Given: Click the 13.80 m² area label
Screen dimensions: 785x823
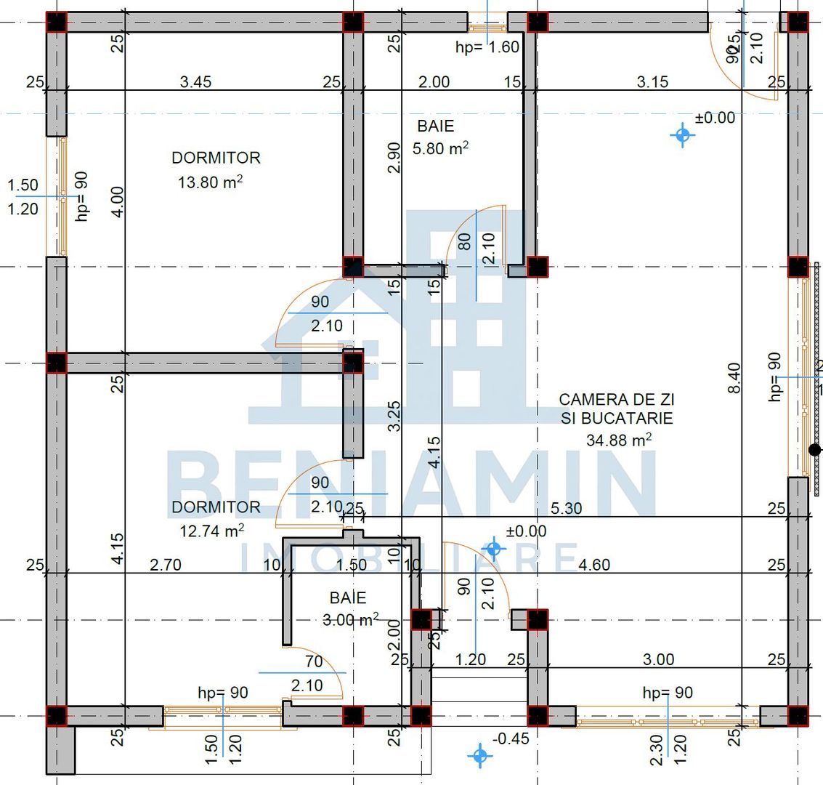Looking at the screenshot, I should click(210, 182).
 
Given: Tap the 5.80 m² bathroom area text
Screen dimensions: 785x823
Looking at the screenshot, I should click(440, 148).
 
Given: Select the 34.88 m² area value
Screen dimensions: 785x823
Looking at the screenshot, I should click(618, 440).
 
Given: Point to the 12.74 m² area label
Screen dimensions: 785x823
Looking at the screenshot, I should click(211, 531).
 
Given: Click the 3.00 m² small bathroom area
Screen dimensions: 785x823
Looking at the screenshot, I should click(350, 619).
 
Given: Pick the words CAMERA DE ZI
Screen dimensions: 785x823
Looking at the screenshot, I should click(617, 399).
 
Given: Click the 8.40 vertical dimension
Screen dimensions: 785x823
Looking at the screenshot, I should click(734, 378).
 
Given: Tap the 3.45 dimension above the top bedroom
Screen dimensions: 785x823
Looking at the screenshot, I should click(195, 81).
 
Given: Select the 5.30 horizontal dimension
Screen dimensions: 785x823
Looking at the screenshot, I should click(566, 508).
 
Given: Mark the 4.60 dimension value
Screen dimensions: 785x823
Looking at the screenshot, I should click(594, 564).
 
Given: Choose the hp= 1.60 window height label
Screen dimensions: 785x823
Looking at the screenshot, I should click(487, 47).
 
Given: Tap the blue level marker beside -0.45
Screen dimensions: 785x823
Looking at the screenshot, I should click(479, 755).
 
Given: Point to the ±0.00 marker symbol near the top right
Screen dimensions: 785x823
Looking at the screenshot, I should click(682, 134).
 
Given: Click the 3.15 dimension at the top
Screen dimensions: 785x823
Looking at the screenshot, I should click(652, 81).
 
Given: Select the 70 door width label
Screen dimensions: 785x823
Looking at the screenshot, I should click(314, 661).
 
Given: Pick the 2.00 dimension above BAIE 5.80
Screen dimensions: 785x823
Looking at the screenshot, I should click(434, 81).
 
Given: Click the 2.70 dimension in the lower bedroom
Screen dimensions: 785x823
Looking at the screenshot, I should click(165, 564).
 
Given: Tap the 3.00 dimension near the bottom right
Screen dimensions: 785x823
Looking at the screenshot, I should click(658, 659).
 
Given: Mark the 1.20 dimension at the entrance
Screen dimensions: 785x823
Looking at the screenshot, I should click(471, 659).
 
